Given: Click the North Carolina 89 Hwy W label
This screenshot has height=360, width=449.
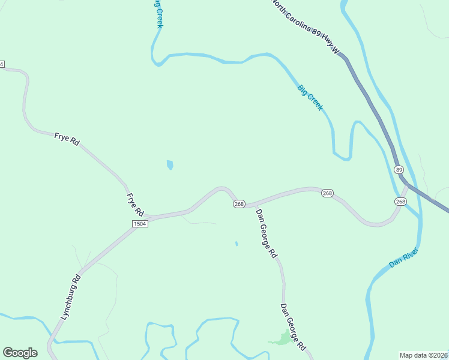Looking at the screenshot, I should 306,28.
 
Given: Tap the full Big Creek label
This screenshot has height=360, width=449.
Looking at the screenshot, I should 310,98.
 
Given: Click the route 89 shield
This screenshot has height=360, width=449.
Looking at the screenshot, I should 399,170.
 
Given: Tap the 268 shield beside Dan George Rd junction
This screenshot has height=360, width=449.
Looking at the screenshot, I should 239,204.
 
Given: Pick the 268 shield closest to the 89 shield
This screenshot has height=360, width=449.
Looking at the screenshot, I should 400,201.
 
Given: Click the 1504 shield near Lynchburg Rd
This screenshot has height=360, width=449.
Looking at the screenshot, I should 140,223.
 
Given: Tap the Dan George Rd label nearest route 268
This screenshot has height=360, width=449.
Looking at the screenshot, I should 267,233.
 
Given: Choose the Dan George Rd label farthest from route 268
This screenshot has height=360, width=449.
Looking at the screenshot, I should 294,328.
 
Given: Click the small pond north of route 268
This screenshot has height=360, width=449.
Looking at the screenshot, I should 170,164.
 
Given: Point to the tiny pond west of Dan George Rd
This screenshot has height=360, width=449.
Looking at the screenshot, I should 237,244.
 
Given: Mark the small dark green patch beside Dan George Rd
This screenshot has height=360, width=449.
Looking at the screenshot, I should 280,340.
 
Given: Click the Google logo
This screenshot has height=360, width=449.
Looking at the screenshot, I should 20,353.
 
